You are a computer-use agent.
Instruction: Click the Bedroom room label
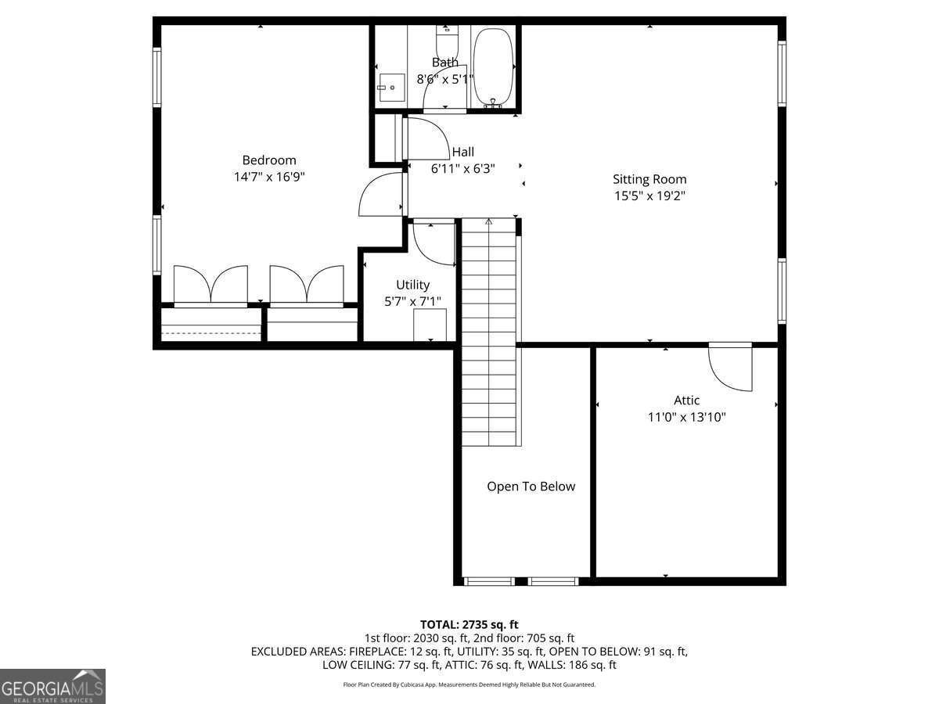pyautogui.click(x=268, y=160)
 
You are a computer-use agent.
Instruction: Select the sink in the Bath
pyautogui.click(x=390, y=87)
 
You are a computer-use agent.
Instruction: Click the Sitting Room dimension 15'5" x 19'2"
pyautogui.click(x=649, y=196)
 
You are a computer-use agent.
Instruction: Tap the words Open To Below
pyautogui.click(x=531, y=487)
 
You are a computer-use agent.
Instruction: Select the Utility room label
pyautogui.click(x=412, y=285)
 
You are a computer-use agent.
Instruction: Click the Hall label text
pyautogui.click(x=462, y=152)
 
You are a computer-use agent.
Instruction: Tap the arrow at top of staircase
pyautogui.click(x=488, y=223)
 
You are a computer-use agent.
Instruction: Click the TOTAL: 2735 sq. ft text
pyautogui.click(x=469, y=624)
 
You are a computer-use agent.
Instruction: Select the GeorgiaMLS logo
pyautogui.click(x=52, y=686)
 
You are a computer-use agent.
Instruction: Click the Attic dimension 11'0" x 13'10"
pyautogui.click(x=686, y=417)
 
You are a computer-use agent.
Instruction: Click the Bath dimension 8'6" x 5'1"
pyautogui.click(x=444, y=79)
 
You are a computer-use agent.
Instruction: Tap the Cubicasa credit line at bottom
pyautogui.click(x=469, y=684)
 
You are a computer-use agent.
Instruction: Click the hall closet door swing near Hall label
pyautogui.click(x=426, y=138)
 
